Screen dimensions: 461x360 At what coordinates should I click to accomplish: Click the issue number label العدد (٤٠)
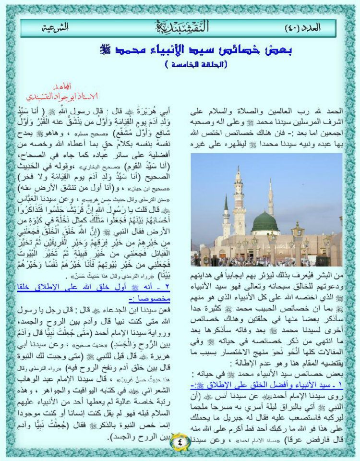point(303,27)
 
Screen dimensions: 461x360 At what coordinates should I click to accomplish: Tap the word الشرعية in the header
point(54,27)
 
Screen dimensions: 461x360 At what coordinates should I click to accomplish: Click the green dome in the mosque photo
point(265,221)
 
